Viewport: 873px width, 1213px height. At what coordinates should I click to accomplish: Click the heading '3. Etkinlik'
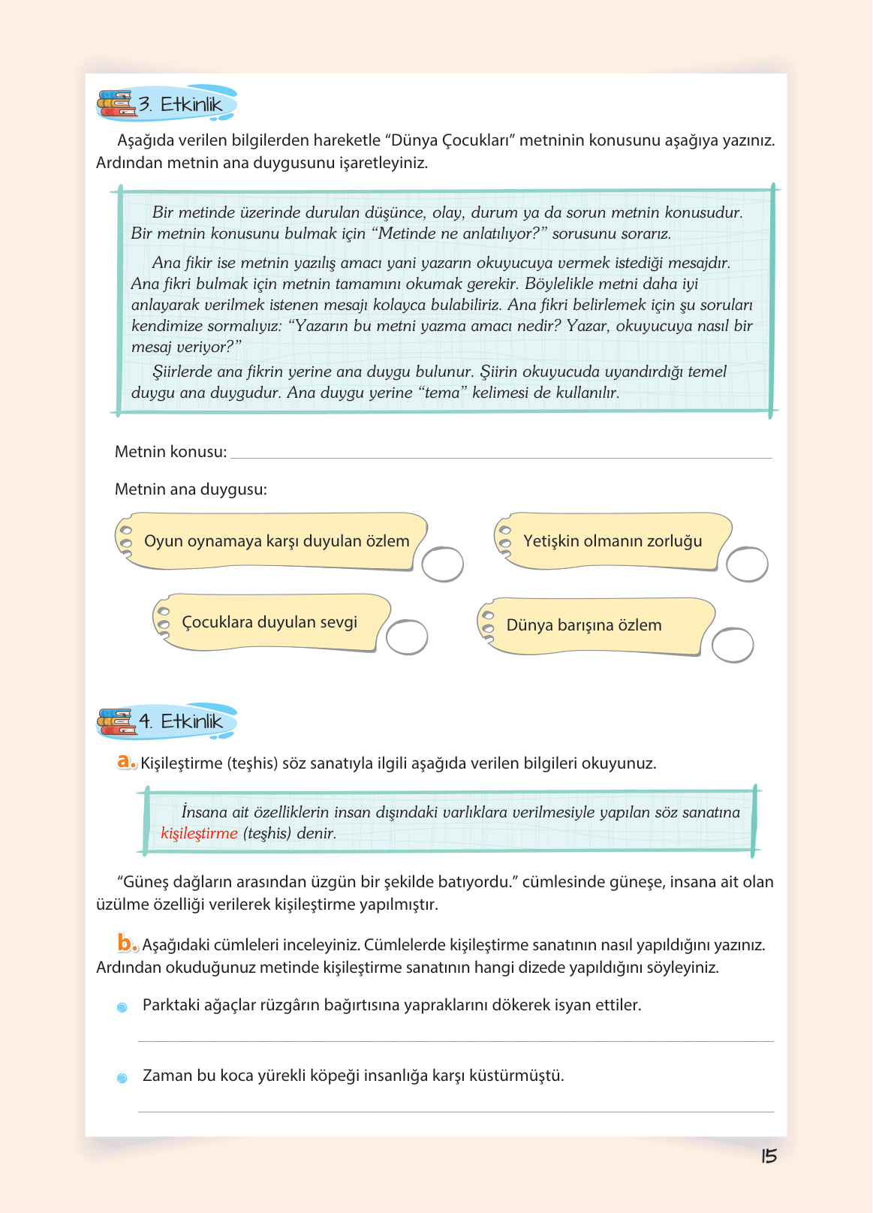click(180, 104)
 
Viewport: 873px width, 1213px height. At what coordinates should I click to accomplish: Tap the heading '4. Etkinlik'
click(181, 721)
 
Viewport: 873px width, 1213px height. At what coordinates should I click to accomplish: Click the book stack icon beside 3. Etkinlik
click(116, 104)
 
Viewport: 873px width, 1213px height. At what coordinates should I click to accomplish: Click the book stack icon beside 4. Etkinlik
click(116, 721)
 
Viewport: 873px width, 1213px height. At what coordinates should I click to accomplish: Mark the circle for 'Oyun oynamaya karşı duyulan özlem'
click(442, 564)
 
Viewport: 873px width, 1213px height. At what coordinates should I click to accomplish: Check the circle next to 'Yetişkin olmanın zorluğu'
click(747, 564)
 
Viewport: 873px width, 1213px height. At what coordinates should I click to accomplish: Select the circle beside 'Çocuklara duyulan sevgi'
click(407, 637)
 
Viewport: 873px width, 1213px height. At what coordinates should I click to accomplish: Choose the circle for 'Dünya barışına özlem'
click(732, 646)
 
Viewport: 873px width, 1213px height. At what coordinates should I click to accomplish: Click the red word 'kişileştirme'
click(199, 833)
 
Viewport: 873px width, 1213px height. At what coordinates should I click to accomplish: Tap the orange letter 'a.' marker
click(126, 762)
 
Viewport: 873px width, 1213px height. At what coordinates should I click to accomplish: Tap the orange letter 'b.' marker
click(127, 943)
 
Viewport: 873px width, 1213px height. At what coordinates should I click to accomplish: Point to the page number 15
click(769, 1156)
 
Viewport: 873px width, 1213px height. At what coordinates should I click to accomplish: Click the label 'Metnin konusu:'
click(170, 452)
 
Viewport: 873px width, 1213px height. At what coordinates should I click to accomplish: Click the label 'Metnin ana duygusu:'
click(191, 489)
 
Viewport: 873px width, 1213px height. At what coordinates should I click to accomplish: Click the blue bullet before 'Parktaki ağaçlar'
click(122, 1007)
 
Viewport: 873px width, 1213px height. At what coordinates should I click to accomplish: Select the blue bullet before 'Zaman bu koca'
click(122, 1078)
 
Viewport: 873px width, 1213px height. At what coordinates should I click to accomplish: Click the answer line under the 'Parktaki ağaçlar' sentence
click(455, 1040)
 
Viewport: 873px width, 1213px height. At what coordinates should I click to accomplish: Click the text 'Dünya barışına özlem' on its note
click(584, 625)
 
